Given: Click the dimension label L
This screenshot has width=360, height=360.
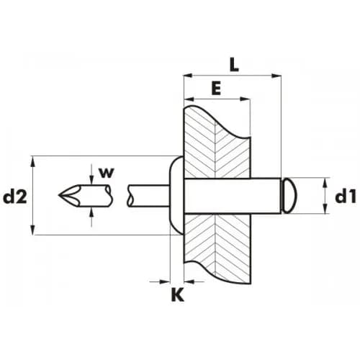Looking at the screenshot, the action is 234,65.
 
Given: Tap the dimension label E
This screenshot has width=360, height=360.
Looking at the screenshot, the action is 216,88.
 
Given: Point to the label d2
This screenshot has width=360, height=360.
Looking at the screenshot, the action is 15,197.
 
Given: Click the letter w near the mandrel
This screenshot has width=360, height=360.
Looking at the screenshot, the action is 107,173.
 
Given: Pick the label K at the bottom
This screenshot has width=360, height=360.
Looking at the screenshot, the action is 178,294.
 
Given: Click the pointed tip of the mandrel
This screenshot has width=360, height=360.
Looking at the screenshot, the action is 59,195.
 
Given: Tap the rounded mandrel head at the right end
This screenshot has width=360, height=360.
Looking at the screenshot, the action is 290,195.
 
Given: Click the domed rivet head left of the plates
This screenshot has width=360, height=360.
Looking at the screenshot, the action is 176,195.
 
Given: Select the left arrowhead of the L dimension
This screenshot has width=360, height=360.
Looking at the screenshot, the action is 188,76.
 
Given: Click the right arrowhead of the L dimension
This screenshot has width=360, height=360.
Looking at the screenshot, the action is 276,76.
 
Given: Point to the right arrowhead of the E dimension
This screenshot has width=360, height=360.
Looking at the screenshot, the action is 245,99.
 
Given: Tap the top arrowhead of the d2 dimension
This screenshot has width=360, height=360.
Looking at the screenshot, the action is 33,161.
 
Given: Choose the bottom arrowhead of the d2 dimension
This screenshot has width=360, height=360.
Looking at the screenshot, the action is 33,230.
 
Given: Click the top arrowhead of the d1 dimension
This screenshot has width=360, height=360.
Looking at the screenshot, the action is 325,182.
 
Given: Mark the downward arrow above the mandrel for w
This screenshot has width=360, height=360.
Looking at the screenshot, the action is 91,178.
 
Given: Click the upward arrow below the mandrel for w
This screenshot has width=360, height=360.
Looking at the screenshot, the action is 91,217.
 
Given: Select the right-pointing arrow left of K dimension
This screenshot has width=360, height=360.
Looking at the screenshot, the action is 160,282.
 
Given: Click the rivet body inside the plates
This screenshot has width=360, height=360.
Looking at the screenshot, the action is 233,196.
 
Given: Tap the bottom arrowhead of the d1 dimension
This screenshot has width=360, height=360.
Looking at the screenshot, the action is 325,208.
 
